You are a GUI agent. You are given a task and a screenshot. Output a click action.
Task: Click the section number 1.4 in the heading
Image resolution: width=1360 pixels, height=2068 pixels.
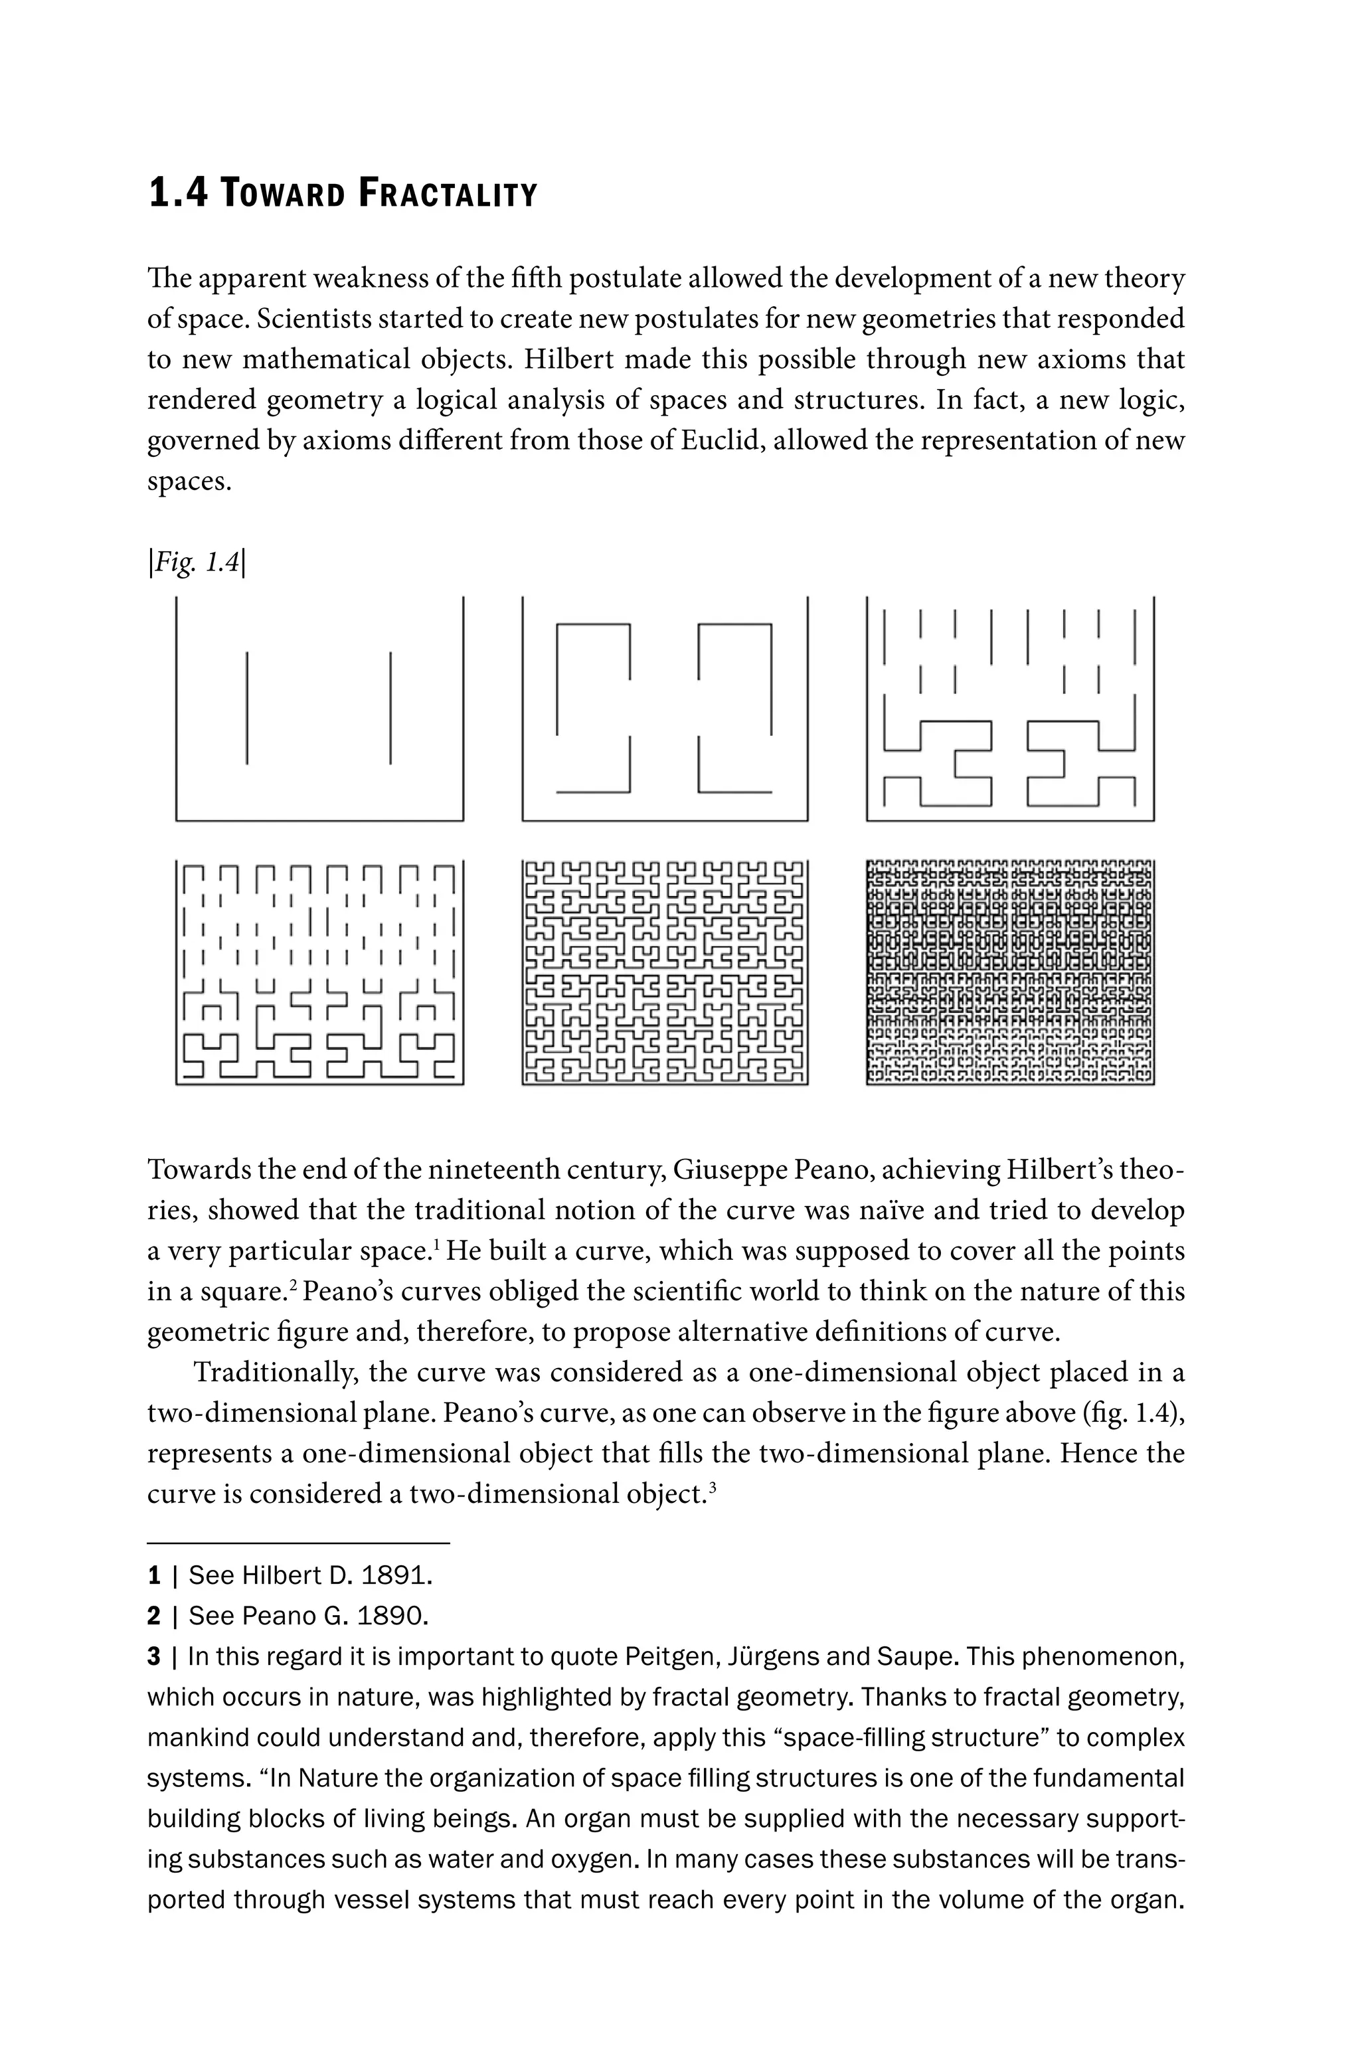[x=178, y=193]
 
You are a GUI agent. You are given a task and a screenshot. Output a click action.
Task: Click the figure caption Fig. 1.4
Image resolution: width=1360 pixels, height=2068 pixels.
[x=197, y=563]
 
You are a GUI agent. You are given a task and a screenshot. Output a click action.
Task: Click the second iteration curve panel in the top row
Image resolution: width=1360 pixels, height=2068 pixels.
[x=665, y=708]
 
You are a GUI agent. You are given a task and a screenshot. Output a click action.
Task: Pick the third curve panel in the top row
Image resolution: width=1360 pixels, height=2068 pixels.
[x=1010, y=708]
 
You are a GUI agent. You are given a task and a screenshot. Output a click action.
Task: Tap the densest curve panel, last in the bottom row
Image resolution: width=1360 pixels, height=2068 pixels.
[x=1010, y=972]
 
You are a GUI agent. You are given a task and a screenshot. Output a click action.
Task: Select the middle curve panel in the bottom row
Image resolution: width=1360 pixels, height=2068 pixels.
[x=665, y=972]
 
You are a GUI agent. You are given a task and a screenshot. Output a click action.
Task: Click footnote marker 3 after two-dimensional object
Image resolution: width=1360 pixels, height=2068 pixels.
[x=712, y=1487]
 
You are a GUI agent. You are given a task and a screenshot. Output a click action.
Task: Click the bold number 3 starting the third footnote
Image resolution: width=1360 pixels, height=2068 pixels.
[x=154, y=1657]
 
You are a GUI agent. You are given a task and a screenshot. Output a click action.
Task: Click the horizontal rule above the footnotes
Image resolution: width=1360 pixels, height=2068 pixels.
[x=298, y=1543]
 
